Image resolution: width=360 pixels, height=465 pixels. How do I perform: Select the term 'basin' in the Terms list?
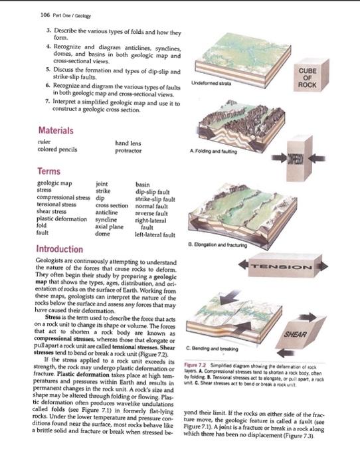pyautogui.click(x=142, y=184)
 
